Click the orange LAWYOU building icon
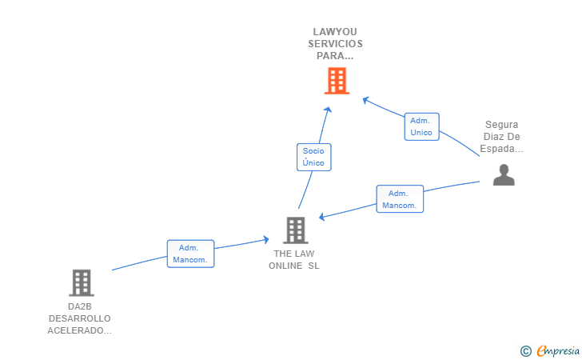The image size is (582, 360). (x=337, y=80)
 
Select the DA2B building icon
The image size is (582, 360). (x=81, y=282)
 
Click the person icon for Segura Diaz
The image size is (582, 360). (x=504, y=174)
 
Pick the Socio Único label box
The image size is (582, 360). (x=313, y=157)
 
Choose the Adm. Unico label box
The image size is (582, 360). (x=421, y=126)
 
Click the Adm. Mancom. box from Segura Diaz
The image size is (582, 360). (x=399, y=199)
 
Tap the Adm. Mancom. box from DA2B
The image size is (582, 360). (x=190, y=254)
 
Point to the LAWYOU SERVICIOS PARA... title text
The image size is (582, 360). (x=337, y=44)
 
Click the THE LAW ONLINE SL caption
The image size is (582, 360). (x=294, y=260)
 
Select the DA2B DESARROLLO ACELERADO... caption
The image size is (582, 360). (x=80, y=318)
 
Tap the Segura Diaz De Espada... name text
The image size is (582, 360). (x=502, y=137)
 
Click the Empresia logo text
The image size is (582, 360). (x=558, y=350)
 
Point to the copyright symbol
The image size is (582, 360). (x=525, y=350)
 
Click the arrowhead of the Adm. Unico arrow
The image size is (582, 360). (x=365, y=99)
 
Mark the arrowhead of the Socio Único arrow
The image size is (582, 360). (x=328, y=109)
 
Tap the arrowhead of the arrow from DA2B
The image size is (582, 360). (x=266, y=238)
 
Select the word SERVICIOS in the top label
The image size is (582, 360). (x=337, y=44)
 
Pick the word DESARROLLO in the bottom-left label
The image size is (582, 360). (x=80, y=318)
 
